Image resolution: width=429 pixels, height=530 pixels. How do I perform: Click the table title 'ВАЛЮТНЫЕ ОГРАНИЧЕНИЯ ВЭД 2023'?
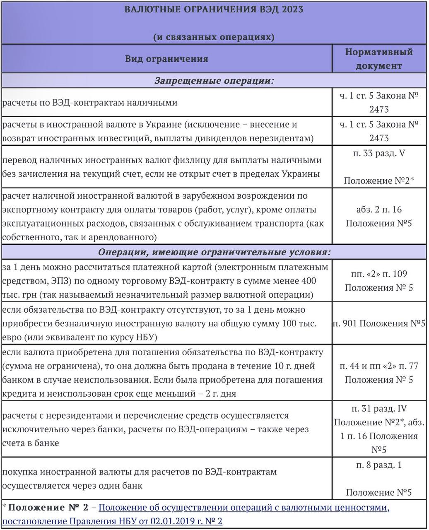214,10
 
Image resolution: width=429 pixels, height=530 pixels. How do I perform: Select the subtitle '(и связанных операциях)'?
214,37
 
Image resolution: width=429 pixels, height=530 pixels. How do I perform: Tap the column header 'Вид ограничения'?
166,58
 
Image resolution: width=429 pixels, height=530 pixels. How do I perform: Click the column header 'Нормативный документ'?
379,58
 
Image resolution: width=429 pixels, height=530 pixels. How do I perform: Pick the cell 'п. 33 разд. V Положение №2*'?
379,167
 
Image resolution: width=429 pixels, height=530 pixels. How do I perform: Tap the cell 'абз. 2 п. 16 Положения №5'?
379,216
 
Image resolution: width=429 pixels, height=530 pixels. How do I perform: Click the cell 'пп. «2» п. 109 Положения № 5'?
379,281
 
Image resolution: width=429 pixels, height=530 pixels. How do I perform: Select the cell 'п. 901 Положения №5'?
379,323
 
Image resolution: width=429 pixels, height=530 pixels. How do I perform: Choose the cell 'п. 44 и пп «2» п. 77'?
379,366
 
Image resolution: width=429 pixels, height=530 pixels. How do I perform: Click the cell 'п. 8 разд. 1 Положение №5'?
379,479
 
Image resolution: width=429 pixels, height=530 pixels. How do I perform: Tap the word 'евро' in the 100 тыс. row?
12,337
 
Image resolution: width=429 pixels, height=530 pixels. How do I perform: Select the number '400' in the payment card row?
308,281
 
